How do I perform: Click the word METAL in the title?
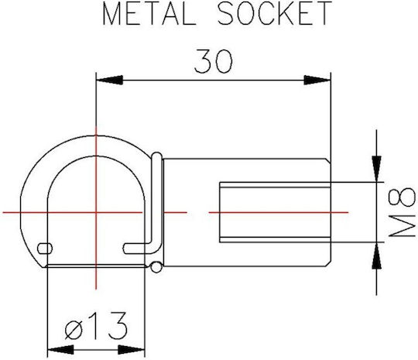[149, 13]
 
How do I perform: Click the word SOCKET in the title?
[275, 13]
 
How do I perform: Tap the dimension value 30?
[214, 61]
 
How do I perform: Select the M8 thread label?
[402, 212]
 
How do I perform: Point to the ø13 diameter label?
[96, 326]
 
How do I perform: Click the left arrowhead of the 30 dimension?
[109, 80]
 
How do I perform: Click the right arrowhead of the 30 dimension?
[317, 80]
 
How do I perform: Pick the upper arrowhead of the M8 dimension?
[376, 169]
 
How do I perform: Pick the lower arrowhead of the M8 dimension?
[376, 255]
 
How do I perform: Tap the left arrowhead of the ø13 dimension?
[60, 350]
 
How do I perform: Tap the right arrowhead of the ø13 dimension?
[131, 350]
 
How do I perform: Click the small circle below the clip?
[156, 267]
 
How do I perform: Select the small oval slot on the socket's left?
[45, 249]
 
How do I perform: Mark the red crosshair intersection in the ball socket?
[96, 213]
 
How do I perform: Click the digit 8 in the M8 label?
[402, 197]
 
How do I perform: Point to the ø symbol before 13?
[74, 330]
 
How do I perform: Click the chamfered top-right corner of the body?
[328, 160]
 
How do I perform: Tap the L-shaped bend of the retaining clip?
[156, 249]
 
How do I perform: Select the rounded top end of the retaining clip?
[156, 156]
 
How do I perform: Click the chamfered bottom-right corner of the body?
[328, 264]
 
